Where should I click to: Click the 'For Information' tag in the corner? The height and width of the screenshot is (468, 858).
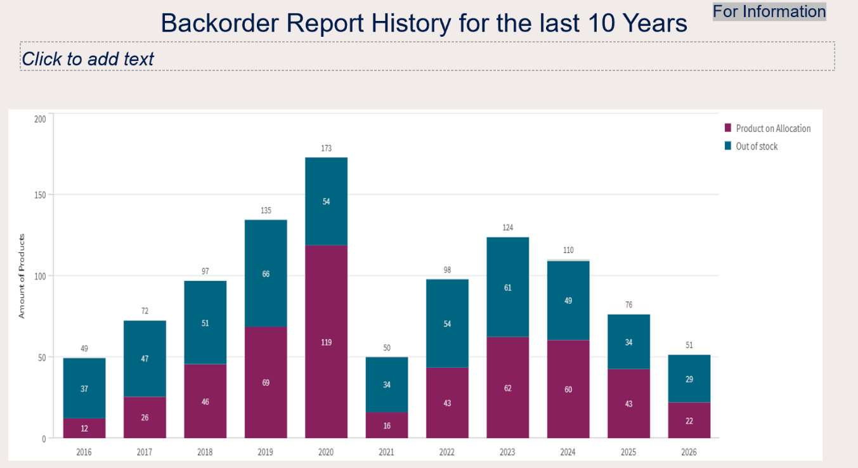pos(769,11)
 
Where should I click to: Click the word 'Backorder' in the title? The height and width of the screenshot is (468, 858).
pos(219,23)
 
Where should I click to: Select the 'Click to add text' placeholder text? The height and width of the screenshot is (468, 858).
pos(88,59)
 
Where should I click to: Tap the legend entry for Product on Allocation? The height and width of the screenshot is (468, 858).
pos(767,128)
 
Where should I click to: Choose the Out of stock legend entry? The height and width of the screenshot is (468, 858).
pos(751,146)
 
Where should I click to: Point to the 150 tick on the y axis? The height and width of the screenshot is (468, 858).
pos(40,195)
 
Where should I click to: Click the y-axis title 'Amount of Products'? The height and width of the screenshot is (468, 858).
pos(22,276)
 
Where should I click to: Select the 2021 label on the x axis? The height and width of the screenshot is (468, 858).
pos(386,452)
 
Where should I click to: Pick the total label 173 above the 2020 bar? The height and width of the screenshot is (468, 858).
pos(327,148)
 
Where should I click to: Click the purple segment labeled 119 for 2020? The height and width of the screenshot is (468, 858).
pos(327,342)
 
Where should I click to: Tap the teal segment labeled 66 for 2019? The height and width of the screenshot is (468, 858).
pos(266,273)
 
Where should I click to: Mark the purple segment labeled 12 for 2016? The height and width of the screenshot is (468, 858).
pos(84,428)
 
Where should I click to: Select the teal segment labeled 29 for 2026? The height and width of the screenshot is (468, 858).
pos(689,379)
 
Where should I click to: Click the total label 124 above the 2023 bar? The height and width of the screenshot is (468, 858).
pos(508,228)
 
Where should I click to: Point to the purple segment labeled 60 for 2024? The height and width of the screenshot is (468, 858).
pos(568,389)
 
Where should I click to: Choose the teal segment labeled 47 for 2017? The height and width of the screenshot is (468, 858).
pos(145,359)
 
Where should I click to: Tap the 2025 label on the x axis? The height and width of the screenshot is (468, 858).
pos(628,452)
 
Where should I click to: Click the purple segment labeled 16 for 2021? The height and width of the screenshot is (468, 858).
pos(387,425)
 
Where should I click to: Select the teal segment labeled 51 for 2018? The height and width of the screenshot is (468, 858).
pos(205,323)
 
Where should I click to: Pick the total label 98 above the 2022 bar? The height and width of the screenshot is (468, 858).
pos(447,270)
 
